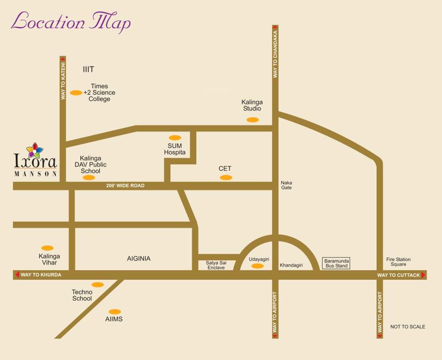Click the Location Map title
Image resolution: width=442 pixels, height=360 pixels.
pos(70,22)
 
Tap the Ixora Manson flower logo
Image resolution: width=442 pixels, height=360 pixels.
pos(35,150)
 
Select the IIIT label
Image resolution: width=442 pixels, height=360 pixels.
pos(88,69)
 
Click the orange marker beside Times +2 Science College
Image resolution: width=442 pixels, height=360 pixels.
pos(76,93)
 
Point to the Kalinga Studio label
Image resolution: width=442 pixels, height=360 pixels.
pos(252,105)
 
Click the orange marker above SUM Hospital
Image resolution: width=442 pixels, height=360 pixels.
pos(175,138)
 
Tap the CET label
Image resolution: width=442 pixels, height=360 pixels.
pos(225,169)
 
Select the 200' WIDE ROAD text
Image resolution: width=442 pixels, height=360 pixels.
pos(125,186)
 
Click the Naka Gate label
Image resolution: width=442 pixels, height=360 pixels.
pos(286,185)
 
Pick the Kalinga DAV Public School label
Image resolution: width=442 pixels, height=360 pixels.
pos(91,165)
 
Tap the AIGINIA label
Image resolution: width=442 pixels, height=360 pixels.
pos(139,258)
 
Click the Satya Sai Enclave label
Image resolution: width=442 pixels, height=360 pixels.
pos(216,265)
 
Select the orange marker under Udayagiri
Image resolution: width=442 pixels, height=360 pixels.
pos(258,266)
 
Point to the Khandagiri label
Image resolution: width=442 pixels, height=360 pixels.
pos(291,265)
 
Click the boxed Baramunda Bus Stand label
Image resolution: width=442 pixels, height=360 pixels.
pos(337,263)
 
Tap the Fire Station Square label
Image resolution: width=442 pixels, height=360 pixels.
pos(398,262)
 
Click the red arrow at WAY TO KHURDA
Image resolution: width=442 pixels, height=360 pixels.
pos(17,275)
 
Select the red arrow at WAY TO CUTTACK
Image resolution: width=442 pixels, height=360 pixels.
pos(424,275)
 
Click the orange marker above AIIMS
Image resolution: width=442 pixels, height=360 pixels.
pos(114,312)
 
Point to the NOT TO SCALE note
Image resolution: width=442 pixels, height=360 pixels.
pos(408,327)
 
